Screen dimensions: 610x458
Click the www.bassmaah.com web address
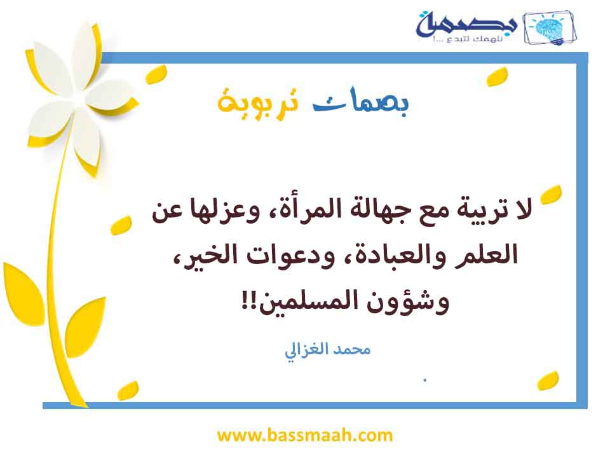point(304,435)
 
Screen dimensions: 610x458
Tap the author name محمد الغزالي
point(328,350)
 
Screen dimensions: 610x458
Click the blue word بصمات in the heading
point(361,102)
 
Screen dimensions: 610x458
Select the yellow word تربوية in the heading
point(259,102)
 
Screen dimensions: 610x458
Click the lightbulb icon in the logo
point(549,27)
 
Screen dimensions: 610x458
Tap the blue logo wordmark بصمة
point(466,24)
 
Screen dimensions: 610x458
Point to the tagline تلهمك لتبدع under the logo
point(468,39)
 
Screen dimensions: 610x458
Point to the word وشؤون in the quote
point(408,302)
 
